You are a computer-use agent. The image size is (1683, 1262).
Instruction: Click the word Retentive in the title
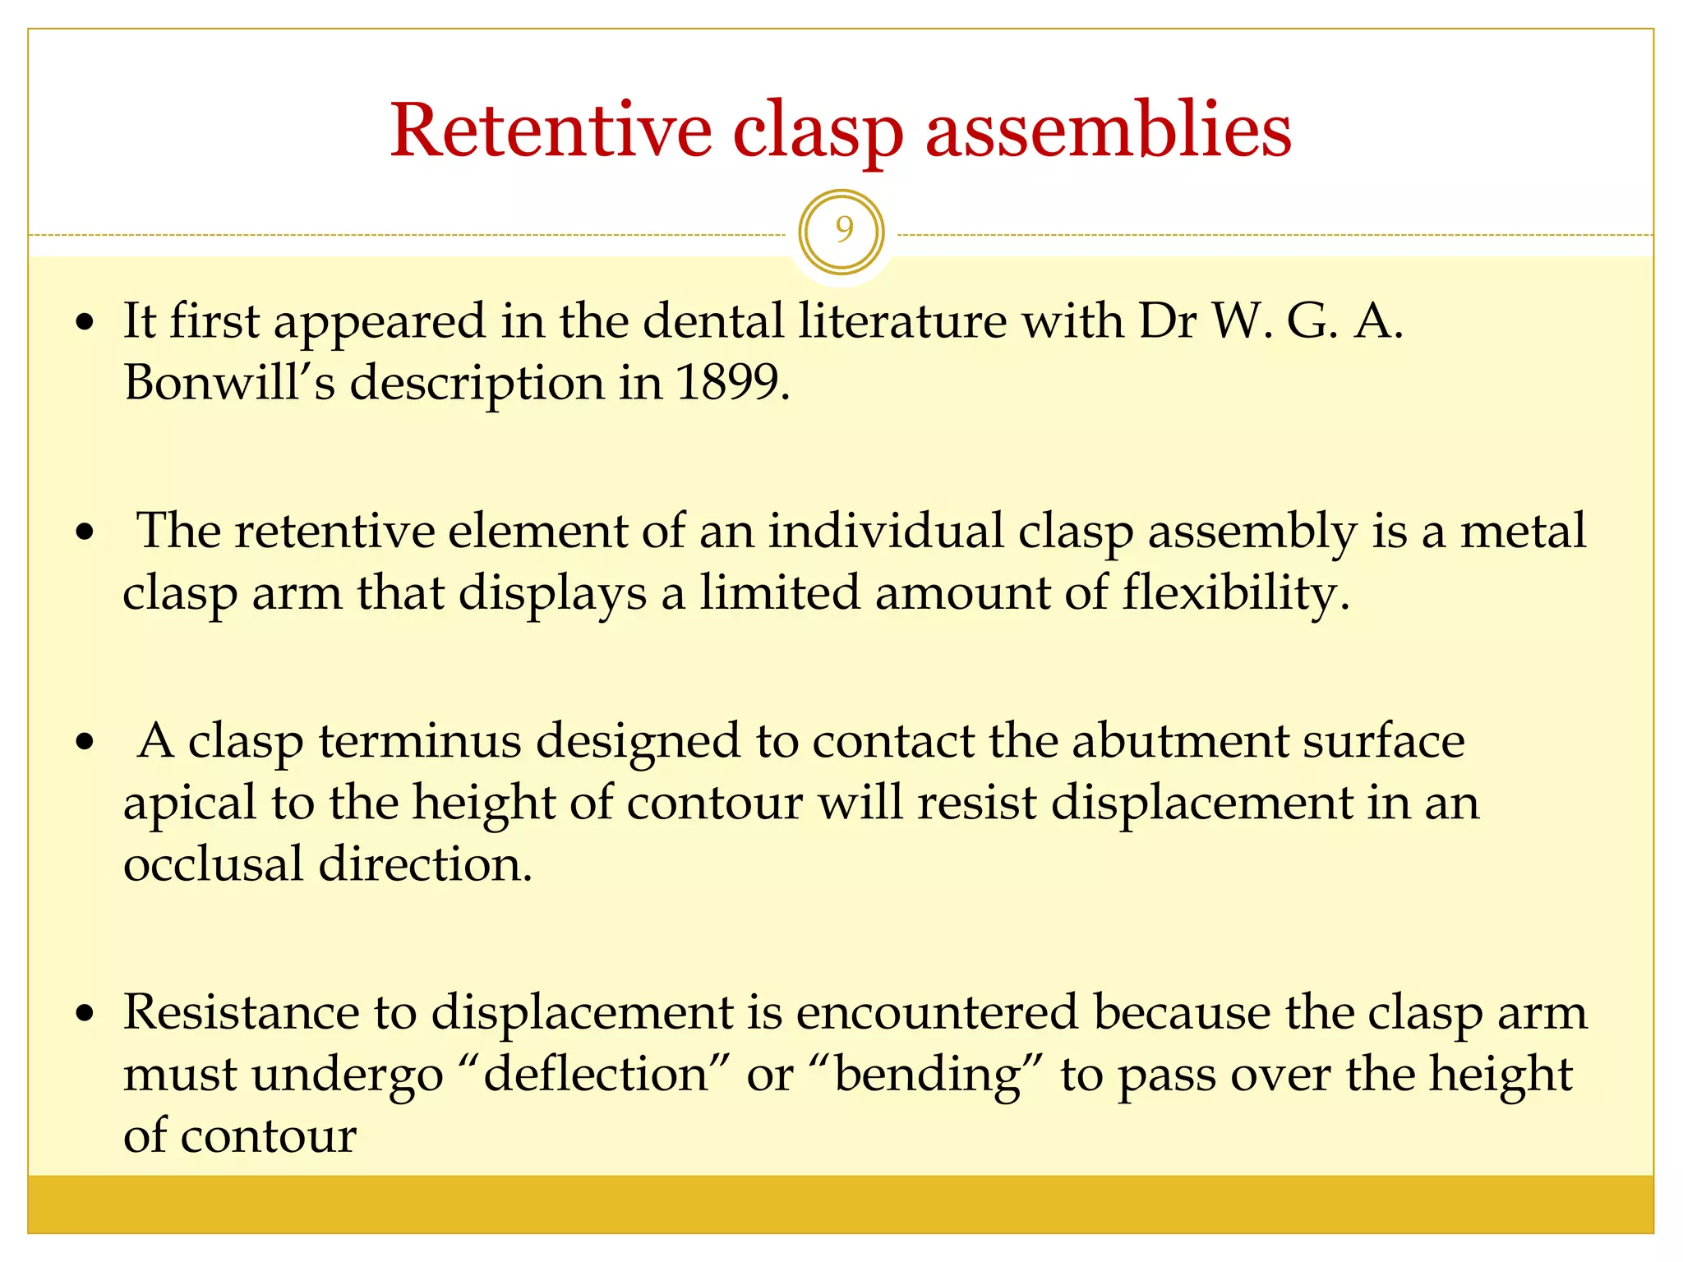click(551, 131)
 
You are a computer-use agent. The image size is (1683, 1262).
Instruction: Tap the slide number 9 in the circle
click(842, 231)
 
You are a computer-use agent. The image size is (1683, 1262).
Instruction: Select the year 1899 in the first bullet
click(726, 383)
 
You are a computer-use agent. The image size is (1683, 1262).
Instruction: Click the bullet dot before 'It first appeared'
click(85, 323)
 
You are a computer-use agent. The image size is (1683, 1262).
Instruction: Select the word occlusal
click(213, 865)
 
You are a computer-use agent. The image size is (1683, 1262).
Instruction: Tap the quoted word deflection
click(597, 1075)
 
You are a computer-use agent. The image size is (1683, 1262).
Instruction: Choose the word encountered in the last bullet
click(936, 1012)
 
